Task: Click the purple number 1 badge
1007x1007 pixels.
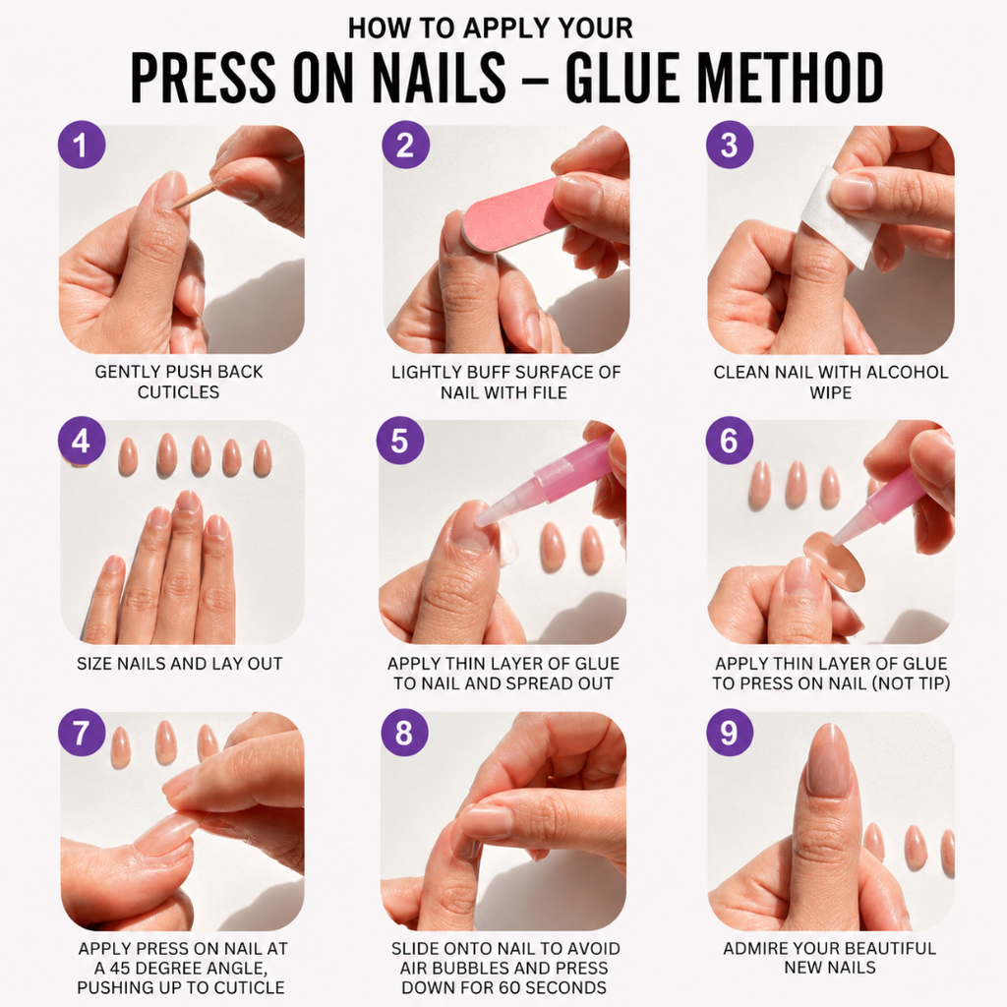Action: tap(82, 145)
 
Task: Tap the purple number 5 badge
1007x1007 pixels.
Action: tap(400, 441)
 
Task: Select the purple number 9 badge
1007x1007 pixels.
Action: tap(730, 733)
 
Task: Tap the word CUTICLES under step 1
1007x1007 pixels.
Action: tap(179, 391)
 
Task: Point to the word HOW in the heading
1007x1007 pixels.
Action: tap(371, 29)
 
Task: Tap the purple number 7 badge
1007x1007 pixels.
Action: tap(82, 733)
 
